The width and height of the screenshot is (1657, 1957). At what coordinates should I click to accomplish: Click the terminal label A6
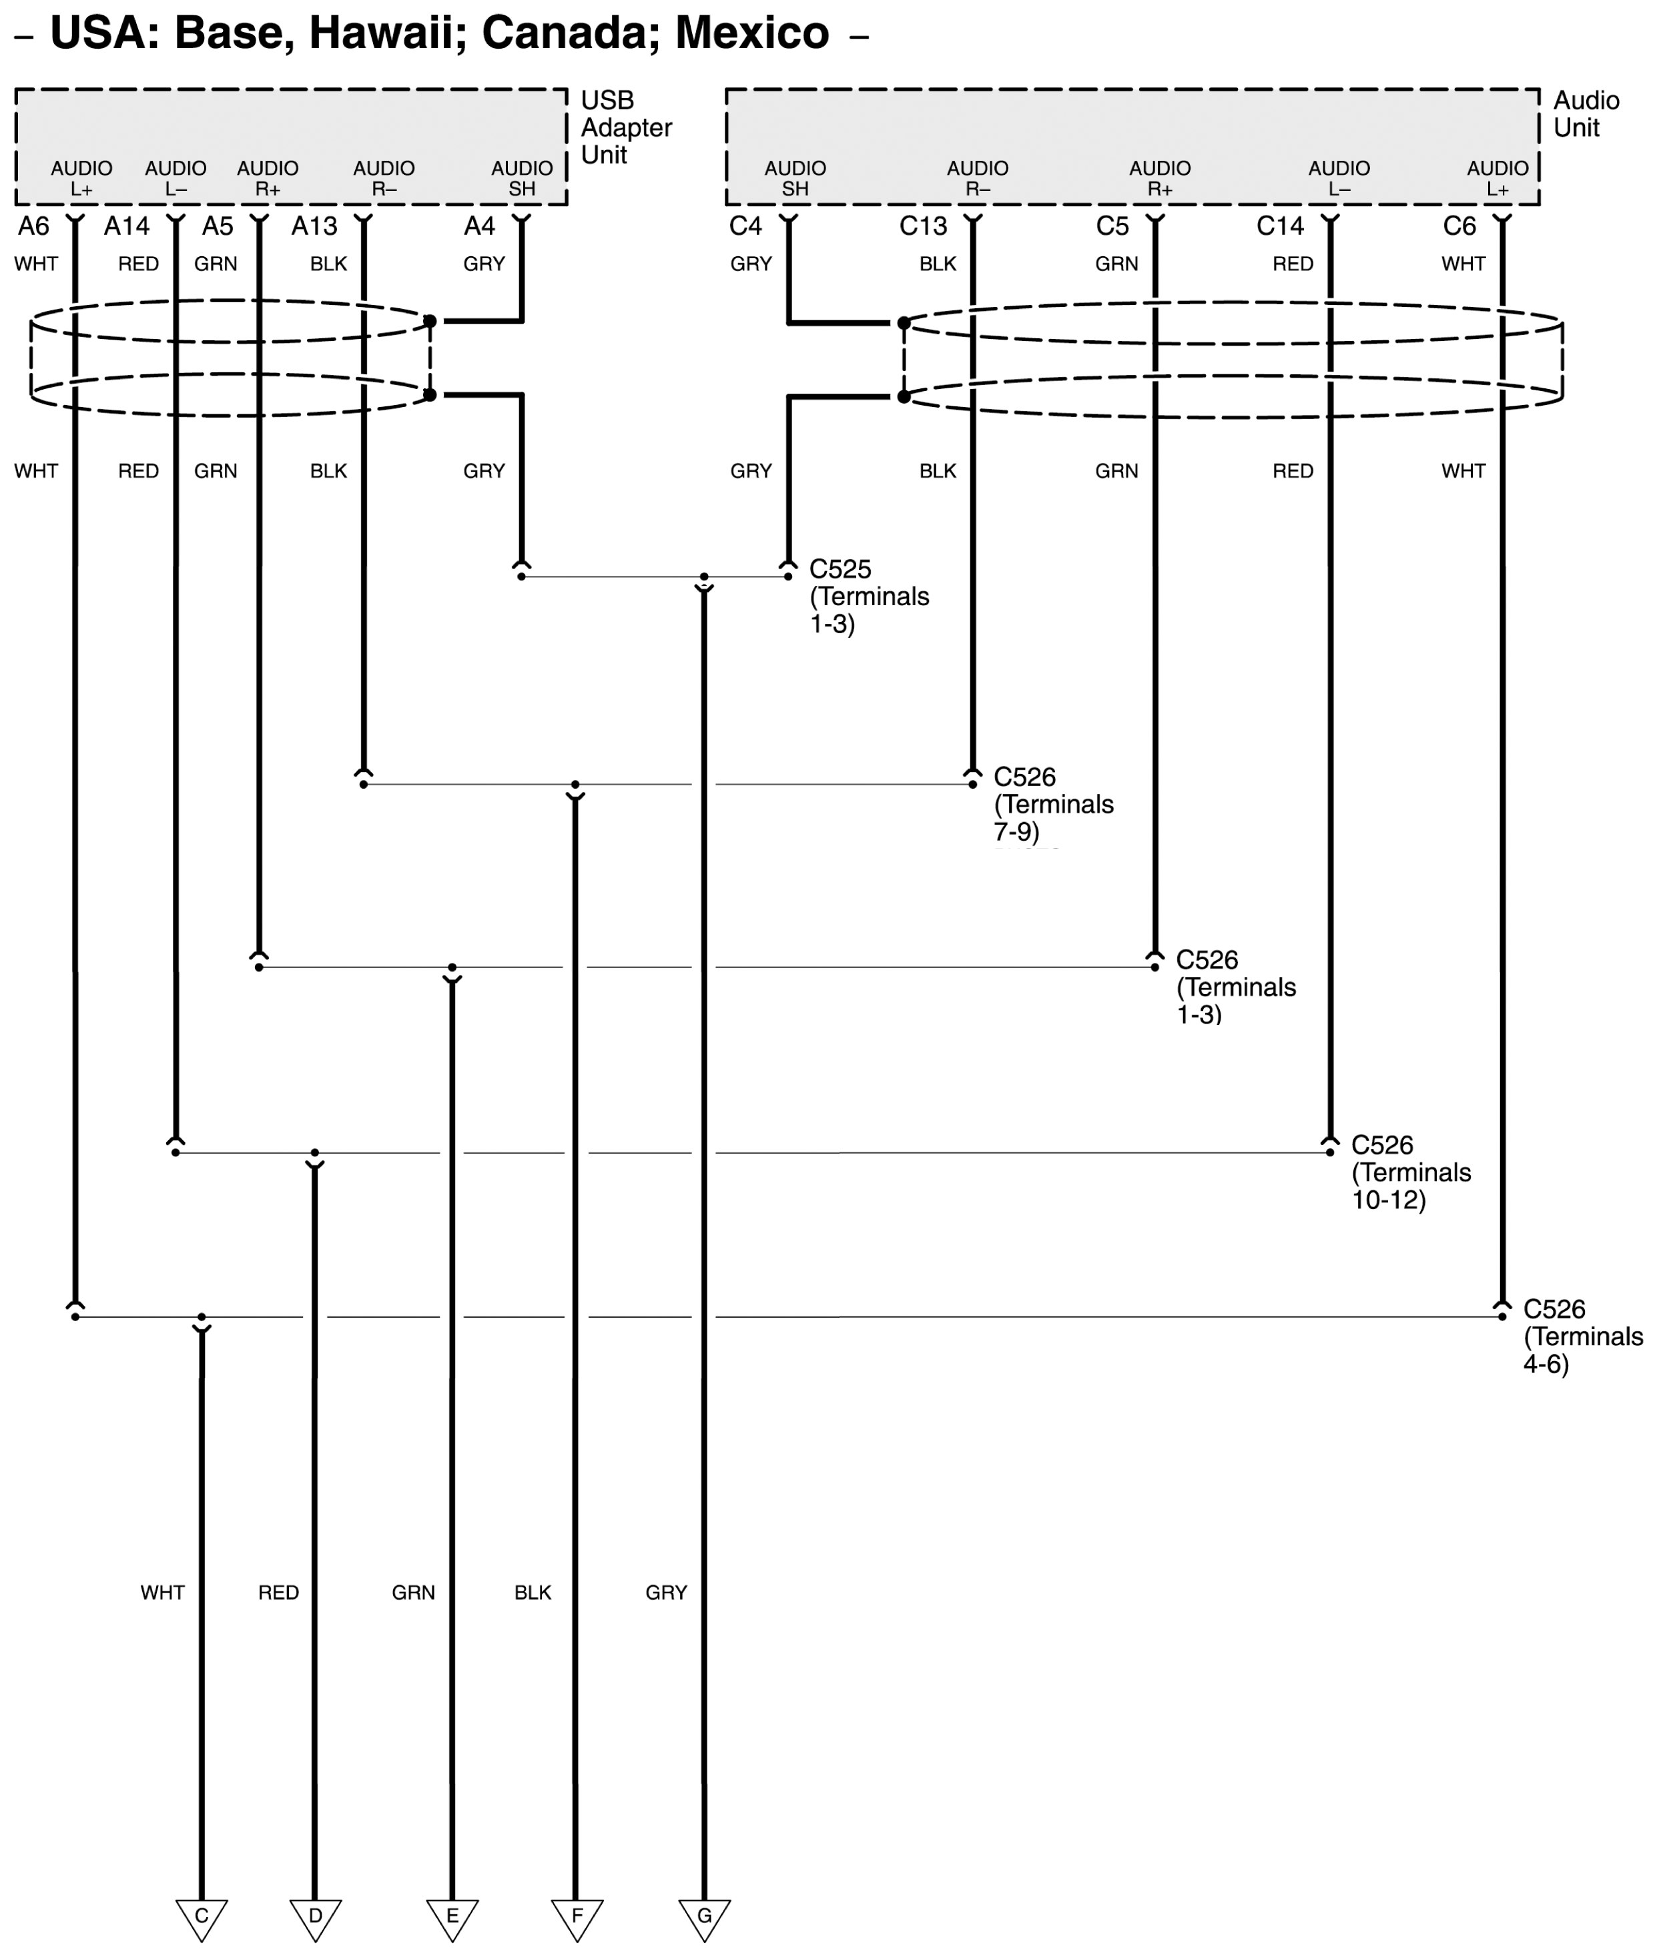pyautogui.click(x=34, y=226)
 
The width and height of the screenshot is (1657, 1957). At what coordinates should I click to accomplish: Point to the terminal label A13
pyautogui.click(x=314, y=226)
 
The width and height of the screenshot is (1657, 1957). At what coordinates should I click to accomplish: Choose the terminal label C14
pyautogui.click(x=1279, y=226)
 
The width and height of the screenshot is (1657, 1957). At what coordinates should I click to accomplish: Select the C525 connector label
pyautogui.click(x=840, y=569)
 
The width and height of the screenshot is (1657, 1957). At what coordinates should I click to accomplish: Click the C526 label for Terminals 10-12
pyautogui.click(x=1382, y=1146)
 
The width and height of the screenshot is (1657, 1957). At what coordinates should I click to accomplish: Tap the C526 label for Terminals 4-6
pyautogui.click(x=1554, y=1309)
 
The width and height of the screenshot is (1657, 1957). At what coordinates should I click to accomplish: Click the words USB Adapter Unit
pyautogui.click(x=625, y=127)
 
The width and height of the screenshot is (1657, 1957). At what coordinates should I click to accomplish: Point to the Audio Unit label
pyautogui.click(x=1586, y=115)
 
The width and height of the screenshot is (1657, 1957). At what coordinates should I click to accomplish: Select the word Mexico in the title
pyautogui.click(x=751, y=34)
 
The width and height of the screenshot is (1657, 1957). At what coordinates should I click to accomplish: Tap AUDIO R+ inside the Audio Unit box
pyautogui.click(x=1159, y=178)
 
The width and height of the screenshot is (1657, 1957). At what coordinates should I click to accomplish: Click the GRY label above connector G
pyautogui.click(x=666, y=1593)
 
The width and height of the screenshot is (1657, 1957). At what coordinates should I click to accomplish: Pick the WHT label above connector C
pyautogui.click(x=163, y=1593)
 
